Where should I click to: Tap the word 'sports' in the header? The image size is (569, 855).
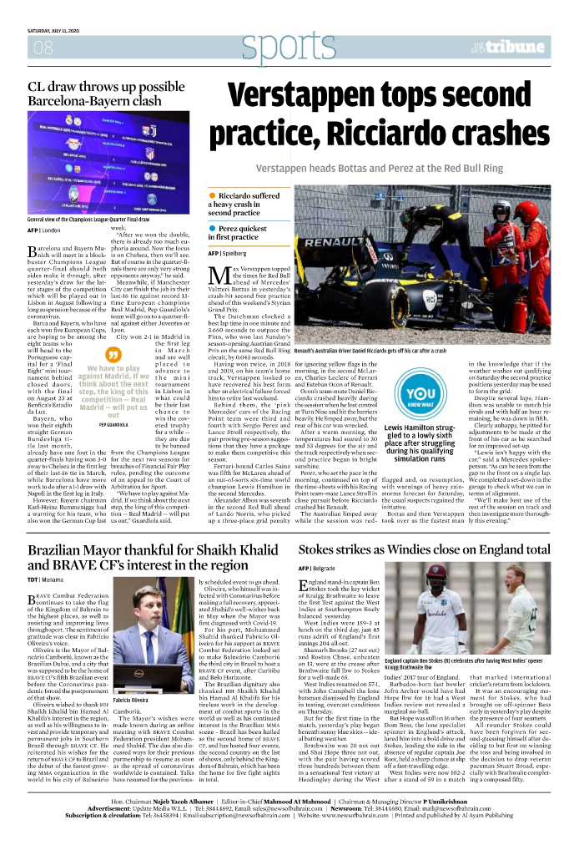[x=275, y=48]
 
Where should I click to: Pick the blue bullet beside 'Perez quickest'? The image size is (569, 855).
[x=213, y=227]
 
